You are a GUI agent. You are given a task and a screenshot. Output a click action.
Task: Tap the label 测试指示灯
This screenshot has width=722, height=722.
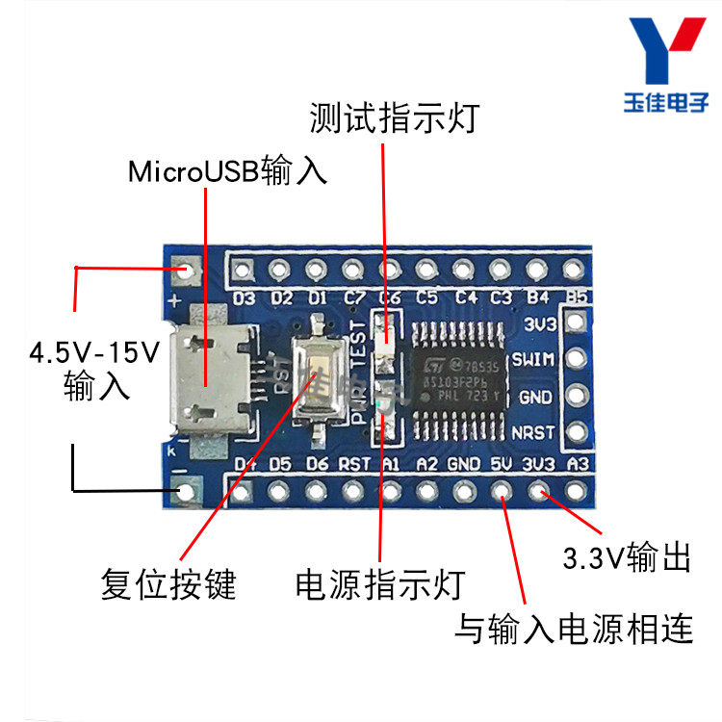(x=393, y=118)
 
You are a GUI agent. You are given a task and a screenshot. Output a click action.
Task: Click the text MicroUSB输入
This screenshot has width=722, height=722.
(x=227, y=171)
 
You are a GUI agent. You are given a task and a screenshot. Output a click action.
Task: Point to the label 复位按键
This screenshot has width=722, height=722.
(x=168, y=583)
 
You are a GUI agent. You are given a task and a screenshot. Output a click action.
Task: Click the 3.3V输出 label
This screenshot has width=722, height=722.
(x=627, y=557)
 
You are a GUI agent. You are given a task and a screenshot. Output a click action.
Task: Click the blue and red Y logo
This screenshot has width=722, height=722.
(x=672, y=52)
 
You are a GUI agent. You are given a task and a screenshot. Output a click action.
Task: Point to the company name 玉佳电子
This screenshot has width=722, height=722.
(x=671, y=101)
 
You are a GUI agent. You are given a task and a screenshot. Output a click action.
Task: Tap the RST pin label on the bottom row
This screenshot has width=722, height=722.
(x=354, y=464)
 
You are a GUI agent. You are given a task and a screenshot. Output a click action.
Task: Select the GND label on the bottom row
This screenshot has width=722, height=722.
(x=463, y=464)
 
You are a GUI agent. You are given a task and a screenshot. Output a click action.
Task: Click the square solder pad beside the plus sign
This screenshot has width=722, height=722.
(x=184, y=271)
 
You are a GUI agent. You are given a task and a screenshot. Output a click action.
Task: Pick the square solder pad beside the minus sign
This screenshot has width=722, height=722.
(x=184, y=493)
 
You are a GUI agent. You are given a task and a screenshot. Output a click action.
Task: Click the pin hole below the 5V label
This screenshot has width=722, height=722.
(x=501, y=492)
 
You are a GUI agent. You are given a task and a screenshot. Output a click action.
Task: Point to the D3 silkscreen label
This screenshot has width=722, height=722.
(x=245, y=297)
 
